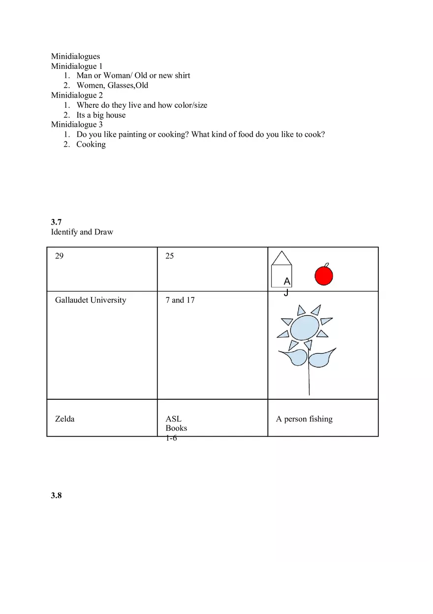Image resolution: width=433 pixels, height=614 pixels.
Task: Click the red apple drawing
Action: [324, 275]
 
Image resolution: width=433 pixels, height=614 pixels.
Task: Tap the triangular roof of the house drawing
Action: [281, 259]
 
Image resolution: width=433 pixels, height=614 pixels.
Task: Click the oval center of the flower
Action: [305, 327]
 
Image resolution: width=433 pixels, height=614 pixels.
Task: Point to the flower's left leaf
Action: [294, 357]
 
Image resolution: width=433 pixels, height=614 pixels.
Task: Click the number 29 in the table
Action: [59, 256]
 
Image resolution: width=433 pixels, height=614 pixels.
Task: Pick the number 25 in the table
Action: [170, 256]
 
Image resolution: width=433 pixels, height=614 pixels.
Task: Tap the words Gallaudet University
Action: [91, 300]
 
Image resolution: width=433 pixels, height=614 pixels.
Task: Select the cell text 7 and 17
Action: [180, 300]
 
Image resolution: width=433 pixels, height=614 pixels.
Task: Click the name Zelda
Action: [65, 419]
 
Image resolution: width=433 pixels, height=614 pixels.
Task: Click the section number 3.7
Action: [56, 222]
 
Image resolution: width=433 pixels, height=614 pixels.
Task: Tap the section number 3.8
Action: [56, 495]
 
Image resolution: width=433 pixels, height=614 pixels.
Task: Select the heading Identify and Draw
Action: [82, 232]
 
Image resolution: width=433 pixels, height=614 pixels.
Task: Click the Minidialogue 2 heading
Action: [77, 95]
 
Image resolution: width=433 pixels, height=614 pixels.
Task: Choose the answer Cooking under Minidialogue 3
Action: [91, 144]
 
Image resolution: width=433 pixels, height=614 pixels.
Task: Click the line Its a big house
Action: [101, 115]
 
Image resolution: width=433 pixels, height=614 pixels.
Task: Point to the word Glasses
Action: [121, 85]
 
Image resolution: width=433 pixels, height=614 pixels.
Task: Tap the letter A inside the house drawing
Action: [287, 281]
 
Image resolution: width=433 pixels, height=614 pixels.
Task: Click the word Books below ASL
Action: [176, 428]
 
